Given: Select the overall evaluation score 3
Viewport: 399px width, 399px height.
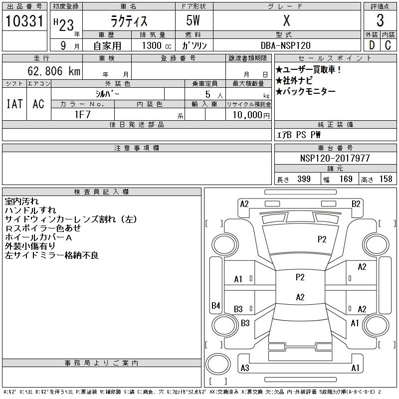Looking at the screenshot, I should pos(380,20).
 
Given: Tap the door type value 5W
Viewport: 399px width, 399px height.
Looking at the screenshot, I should pos(195,20).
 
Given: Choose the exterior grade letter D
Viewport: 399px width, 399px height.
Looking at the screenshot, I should pos(371,45).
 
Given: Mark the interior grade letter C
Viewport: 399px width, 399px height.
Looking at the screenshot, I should pos(388,45).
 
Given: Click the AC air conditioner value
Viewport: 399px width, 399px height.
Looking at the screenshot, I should pos(38,104).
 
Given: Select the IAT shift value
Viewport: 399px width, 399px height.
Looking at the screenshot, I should pos(14,104).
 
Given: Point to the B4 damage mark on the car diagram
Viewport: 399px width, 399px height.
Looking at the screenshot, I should pos(215,305).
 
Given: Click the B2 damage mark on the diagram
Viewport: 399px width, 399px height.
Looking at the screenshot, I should pos(356,203).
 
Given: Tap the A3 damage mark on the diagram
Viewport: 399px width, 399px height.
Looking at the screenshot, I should pos(244,368).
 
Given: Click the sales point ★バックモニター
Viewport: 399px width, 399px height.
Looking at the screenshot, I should pos(305,91).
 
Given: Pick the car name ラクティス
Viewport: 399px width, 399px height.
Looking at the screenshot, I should pos(128,20).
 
